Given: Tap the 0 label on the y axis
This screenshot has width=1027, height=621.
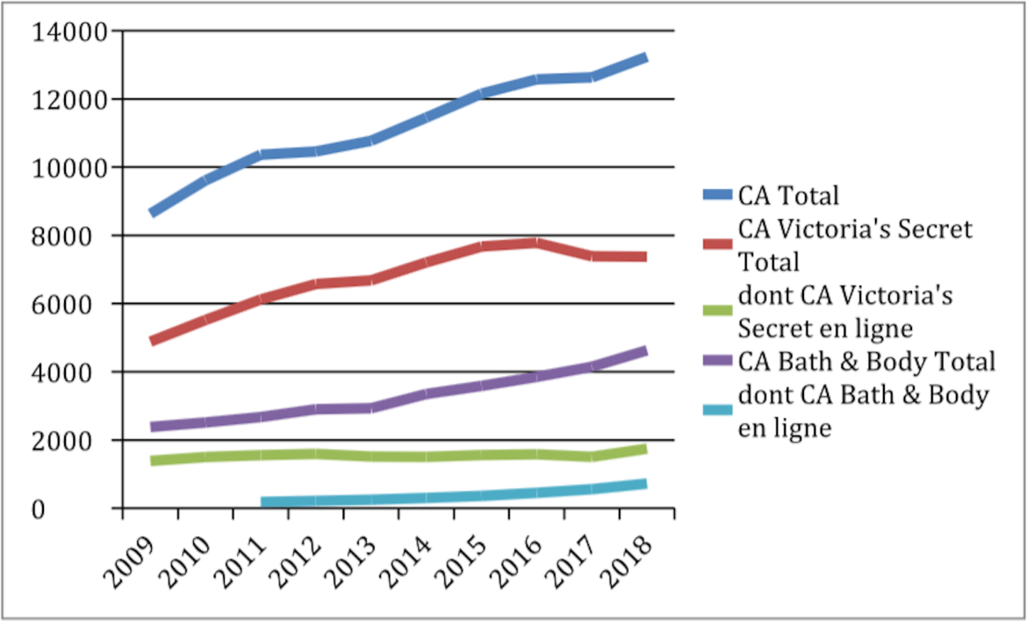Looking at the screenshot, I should [x=99, y=509].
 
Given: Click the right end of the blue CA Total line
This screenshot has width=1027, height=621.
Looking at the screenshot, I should [x=645, y=58].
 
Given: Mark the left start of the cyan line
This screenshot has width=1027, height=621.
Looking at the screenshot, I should [x=263, y=503].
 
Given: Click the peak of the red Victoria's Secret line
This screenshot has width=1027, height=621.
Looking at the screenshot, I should [x=535, y=242].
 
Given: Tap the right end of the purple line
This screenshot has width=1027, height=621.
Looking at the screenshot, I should [x=645, y=350].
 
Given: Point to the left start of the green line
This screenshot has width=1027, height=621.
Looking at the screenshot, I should [x=153, y=460].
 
